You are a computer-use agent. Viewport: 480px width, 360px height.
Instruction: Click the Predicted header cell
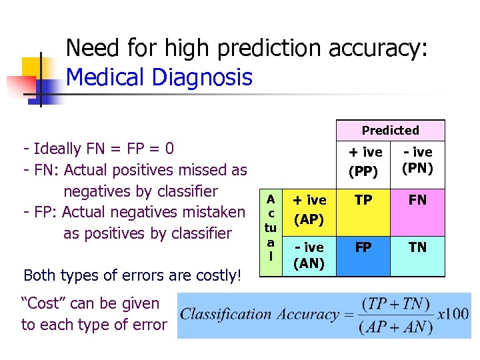tap(390, 131)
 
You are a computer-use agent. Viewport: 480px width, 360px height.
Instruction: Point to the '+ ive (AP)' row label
tap(309, 209)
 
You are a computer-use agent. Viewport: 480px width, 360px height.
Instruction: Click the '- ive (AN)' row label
tap(309, 255)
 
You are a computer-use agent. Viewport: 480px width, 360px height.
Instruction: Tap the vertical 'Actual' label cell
tap(271, 227)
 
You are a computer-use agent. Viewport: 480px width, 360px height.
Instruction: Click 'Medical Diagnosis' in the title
tap(159, 78)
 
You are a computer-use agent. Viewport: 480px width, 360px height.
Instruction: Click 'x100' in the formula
tap(453, 314)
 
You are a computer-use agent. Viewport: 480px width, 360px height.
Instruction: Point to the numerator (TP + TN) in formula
tap(393, 303)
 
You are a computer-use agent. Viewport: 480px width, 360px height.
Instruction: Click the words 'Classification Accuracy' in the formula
tap(259, 314)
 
